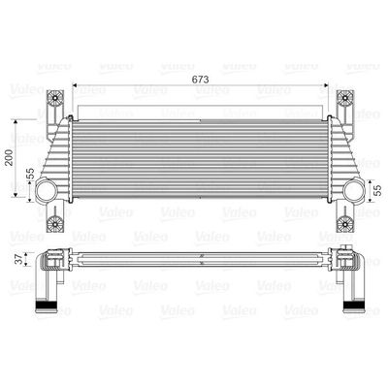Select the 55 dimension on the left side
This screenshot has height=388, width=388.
pyautogui.click(x=30, y=175)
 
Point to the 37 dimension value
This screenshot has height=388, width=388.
pyautogui.click(x=16, y=259)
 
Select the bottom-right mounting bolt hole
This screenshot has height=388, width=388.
pyautogui.click(x=344, y=228)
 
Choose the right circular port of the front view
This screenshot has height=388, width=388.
pyautogui.click(x=350, y=192)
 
